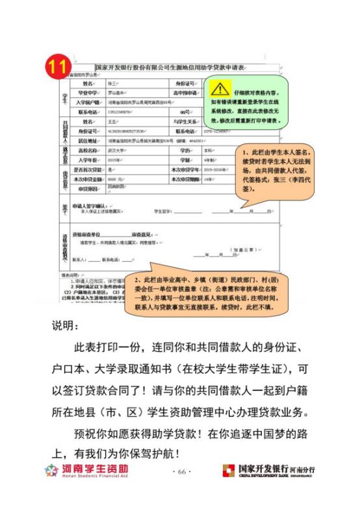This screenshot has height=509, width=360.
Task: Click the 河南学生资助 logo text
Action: click(x=95, y=468)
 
